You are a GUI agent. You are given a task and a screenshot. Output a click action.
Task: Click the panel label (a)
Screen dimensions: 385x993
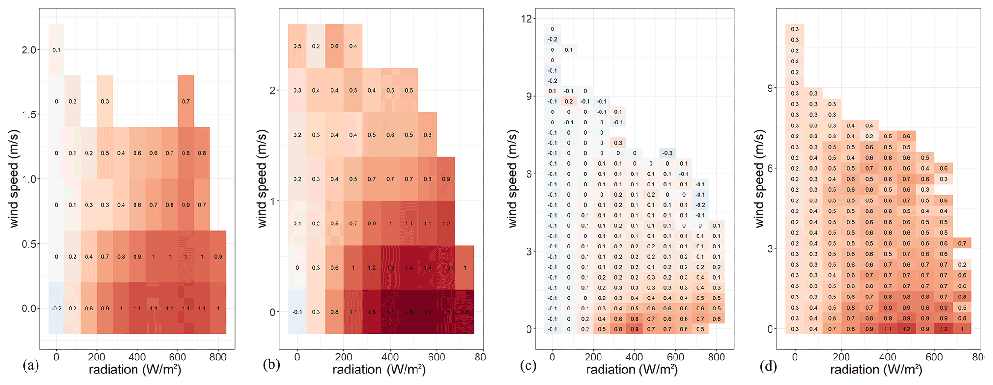(30, 367)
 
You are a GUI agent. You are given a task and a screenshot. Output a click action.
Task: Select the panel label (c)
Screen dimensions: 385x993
(528, 367)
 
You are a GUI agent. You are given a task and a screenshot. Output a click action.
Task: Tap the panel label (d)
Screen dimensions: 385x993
(768, 367)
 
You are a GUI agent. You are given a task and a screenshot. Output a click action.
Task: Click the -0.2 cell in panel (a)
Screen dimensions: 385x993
(56, 309)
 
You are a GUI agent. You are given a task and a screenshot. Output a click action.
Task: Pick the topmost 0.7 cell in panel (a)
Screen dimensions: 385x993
(185, 101)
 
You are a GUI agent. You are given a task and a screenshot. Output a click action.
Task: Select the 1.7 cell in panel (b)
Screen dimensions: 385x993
(428, 312)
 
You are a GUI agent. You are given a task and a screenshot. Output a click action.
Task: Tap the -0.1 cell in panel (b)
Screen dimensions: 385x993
(297, 312)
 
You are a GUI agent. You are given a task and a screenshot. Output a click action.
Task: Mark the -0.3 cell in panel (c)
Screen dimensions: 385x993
(667, 153)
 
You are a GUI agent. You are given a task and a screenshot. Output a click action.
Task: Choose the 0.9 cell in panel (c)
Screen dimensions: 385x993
(635, 329)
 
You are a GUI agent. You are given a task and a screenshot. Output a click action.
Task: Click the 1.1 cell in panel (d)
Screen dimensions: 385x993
(888, 329)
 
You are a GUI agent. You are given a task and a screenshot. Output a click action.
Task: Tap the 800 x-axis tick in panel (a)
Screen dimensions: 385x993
(218, 357)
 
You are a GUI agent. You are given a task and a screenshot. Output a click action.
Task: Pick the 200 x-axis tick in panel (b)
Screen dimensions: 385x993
(343, 357)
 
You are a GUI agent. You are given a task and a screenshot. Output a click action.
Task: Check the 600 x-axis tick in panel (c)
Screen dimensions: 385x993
(675, 357)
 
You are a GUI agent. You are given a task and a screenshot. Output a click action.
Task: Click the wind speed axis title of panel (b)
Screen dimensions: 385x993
(262, 178)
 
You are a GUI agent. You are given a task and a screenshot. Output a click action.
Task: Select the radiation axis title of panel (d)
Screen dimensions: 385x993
(876, 369)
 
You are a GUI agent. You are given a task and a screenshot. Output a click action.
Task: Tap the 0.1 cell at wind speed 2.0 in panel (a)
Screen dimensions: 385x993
(56, 50)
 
